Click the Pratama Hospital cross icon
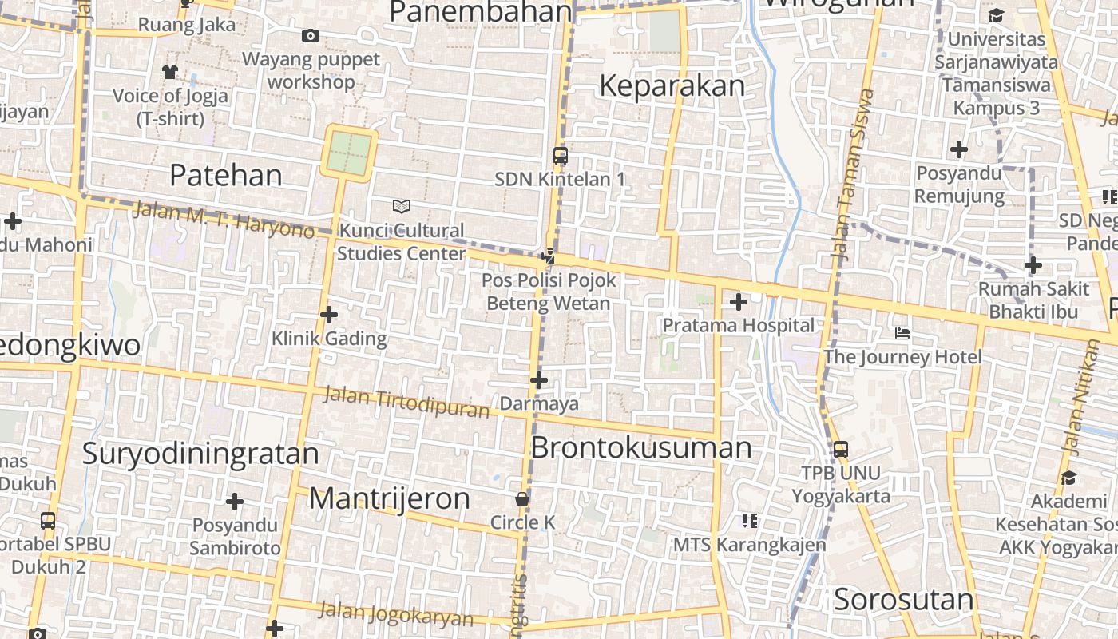click(x=739, y=302)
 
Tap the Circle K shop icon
click(x=522, y=499)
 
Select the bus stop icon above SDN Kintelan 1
click(x=561, y=156)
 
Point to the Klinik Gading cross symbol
click(x=328, y=315)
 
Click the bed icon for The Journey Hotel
click(x=902, y=332)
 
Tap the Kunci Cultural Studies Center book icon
click(x=402, y=207)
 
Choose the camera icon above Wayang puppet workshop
click(x=311, y=35)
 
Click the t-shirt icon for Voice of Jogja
click(x=169, y=72)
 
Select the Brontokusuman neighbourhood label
click(x=641, y=448)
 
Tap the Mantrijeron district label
click(x=390, y=499)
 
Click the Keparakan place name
click(x=672, y=86)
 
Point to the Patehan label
click(x=226, y=176)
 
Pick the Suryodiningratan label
click(x=200, y=454)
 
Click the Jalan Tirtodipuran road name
click(x=406, y=402)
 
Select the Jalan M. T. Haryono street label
click(x=224, y=220)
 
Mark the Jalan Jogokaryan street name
click(x=396, y=614)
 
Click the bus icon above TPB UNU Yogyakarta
click(x=841, y=450)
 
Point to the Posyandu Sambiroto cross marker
click(x=234, y=502)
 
